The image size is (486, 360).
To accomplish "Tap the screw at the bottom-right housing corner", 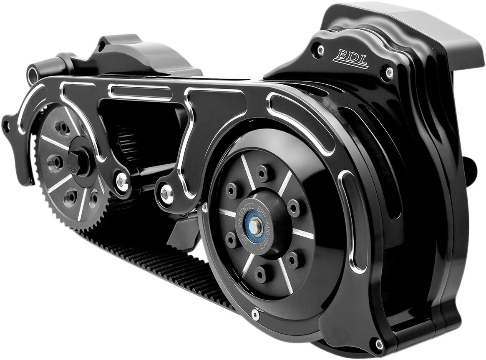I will (x=379, y=344).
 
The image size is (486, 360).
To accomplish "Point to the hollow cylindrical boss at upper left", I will (x=33, y=75).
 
